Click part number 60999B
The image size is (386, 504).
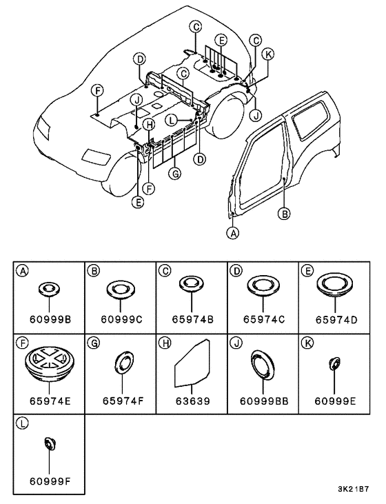(x=50, y=319)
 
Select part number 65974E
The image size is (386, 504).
(x=50, y=401)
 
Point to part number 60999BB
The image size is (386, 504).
(x=264, y=401)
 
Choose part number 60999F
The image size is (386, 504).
(x=50, y=481)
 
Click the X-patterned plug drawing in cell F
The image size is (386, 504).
(x=50, y=364)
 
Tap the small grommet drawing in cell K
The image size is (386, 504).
(x=334, y=363)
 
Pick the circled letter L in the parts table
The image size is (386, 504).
(x=22, y=423)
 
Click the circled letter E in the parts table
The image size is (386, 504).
(x=307, y=271)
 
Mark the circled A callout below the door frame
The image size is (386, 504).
(x=233, y=233)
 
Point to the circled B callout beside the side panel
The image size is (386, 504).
(x=285, y=214)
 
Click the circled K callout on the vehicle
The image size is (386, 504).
(x=267, y=54)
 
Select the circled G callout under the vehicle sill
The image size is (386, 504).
(x=175, y=174)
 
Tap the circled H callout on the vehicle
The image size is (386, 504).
(x=149, y=125)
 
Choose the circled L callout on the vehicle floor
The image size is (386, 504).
(x=172, y=121)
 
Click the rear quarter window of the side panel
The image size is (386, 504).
(x=309, y=119)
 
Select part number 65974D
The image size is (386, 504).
(x=336, y=320)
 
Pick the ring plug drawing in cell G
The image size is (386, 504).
(x=123, y=363)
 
